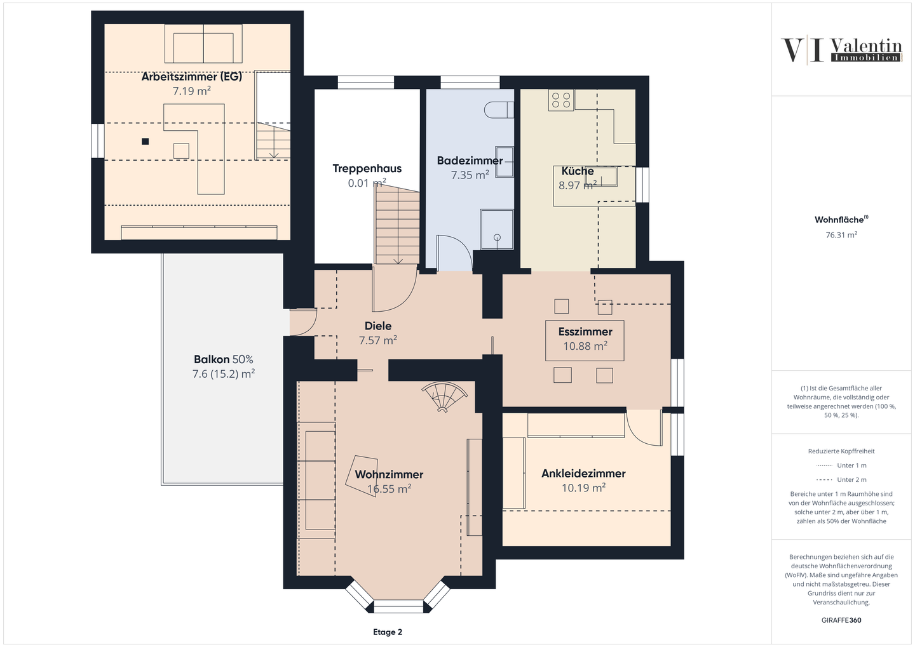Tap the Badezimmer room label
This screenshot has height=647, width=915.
click(x=470, y=161)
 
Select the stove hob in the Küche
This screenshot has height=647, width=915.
click(x=561, y=100)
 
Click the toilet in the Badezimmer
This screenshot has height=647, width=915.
click(x=499, y=110)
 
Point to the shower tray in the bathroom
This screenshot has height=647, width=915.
click(x=497, y=229)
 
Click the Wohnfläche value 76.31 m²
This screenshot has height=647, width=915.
click(x=841, y=235)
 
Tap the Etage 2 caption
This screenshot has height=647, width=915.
click(x=387, y=632)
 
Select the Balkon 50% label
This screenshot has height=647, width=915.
click(x=224, y=359)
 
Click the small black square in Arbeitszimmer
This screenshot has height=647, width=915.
click(x=145, y=142)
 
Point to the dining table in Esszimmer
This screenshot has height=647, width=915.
click(x=585, y=340)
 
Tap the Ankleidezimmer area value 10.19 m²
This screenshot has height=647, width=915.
click(x=583, y=488)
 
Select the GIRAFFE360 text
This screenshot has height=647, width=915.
click(x=841, y=620)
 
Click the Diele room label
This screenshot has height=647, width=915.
click(x=378, y=326)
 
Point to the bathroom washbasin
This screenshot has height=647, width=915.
click(x=505, y=162)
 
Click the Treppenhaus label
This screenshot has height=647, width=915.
click(x=367, y=169)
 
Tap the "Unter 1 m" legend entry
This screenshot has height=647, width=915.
click(x=841, y=465)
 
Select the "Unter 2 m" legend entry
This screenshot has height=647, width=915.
click(x=841, y=479)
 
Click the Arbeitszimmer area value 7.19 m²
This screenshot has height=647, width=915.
click(x=192, y=91)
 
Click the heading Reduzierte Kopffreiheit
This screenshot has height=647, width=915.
click(x=841, y=451)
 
